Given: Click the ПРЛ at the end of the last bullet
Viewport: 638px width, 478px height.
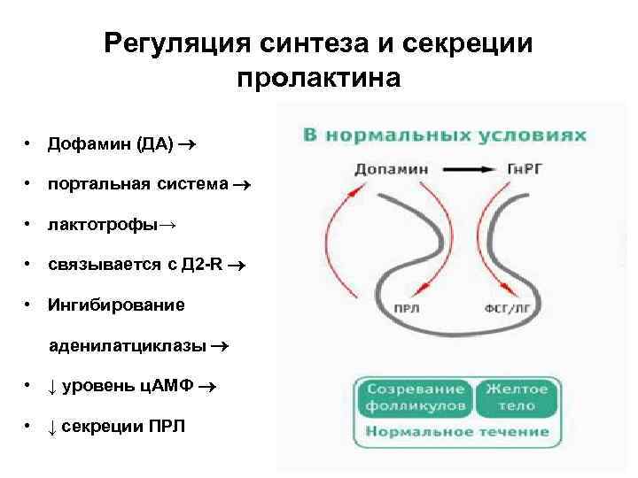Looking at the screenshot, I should (x=167, y=426).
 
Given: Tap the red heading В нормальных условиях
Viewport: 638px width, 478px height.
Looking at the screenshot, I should (x=446, y=135).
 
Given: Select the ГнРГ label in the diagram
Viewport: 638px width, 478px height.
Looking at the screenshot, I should (x=527, y=168).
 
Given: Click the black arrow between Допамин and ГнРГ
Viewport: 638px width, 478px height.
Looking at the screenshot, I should (x=463, y=168).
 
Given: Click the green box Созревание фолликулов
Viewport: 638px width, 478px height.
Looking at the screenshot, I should (x=415, y=397).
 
